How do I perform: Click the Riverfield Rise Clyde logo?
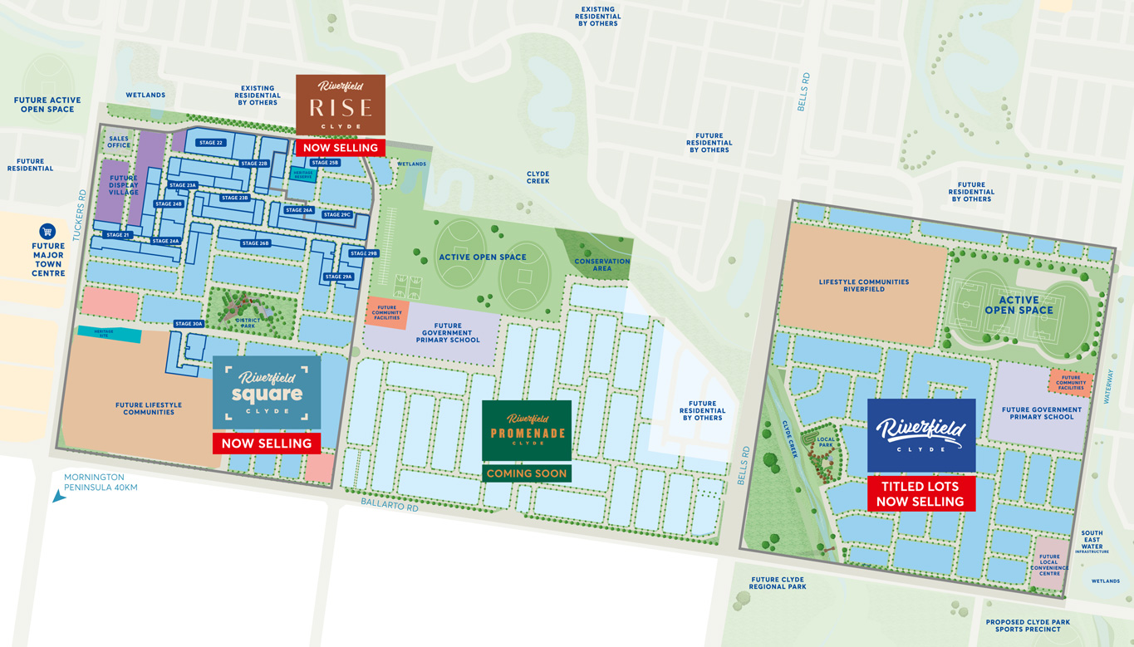click(341, 105)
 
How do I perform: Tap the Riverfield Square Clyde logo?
click(267, 392)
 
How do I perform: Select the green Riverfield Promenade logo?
click(527, 430)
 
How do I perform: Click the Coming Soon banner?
click(527, 473)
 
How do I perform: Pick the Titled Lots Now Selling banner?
click(920, 494)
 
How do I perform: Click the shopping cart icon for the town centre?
click(47, 232)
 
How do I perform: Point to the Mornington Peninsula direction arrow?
click(59, 496)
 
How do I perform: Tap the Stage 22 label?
click(211, 143)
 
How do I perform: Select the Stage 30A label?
click(189, 324)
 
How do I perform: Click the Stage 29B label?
click(363, 253)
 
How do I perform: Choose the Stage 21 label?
click(118, 235)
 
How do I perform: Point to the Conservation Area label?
click(602, 265)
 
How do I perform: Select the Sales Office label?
click(119, 142)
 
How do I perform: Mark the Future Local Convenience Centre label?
click(1049, 565)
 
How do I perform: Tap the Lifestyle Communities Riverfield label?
click(864, 285)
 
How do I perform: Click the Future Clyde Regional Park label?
click(778, 583)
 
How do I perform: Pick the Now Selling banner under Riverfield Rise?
click(341, 148)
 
